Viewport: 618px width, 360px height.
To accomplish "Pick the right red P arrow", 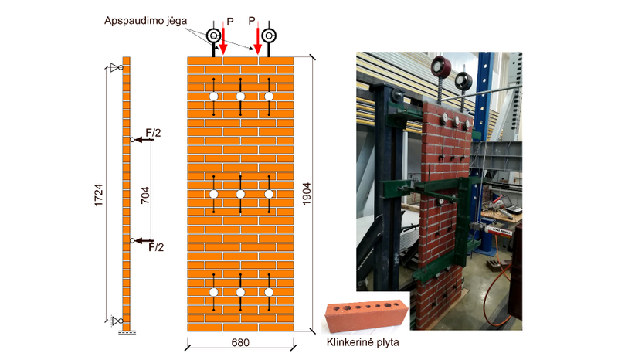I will tap(257, 40).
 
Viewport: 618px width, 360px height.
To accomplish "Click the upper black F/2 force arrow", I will tap(141, 140).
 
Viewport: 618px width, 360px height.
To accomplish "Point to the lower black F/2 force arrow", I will tap(141, 240).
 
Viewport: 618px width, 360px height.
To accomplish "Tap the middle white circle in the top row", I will tap(240, 96).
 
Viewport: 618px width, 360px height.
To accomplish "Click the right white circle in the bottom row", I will tap(268, 292).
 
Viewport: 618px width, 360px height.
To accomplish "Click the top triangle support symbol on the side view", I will tap(116, 68).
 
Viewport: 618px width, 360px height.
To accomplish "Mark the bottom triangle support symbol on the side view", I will tap(116, 320).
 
